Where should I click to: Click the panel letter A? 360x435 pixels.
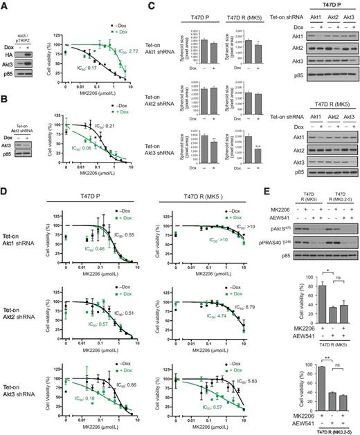pyautogui.click(x=5, y=5)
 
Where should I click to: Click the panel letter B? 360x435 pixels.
pyautogui.click(x=5, y=100)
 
